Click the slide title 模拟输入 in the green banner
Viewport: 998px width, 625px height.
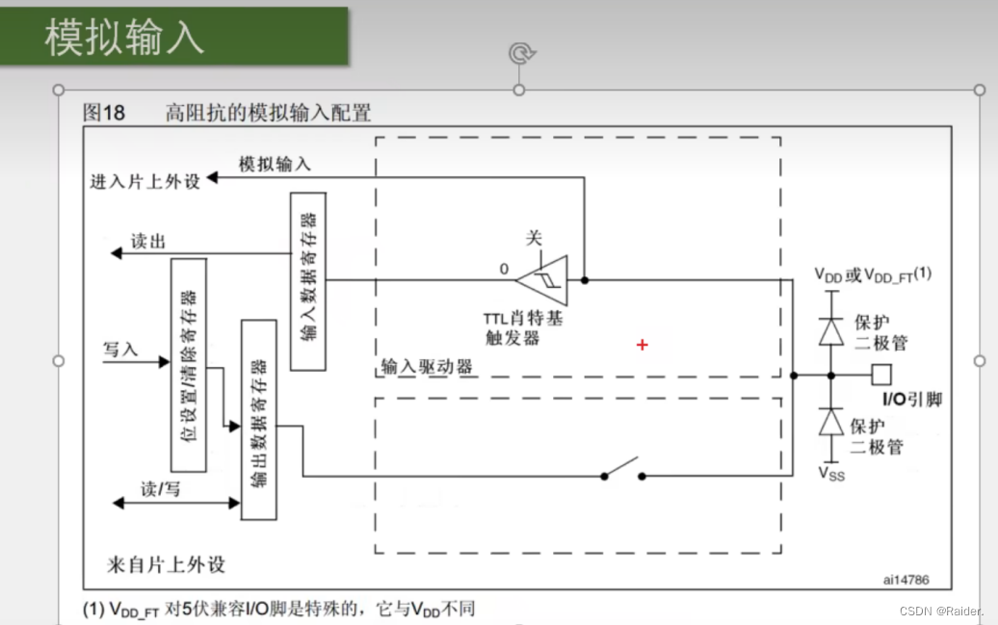click(124, 37)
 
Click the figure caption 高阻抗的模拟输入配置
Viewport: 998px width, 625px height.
click(268, 113)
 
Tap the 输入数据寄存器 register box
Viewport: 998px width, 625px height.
click(307, 280)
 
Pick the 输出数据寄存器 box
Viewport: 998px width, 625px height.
click(258, 419)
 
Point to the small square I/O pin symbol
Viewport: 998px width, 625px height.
click(881, 374)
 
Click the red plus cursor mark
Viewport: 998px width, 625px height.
click(643, 344)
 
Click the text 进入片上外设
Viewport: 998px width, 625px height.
click(144, 181)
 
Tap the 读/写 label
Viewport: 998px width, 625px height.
click(160, 489)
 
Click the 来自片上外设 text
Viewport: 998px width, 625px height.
click(167, 563)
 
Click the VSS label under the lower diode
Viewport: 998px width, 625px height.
click(830, 473)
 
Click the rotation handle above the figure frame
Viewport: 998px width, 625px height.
click(520, 52)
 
